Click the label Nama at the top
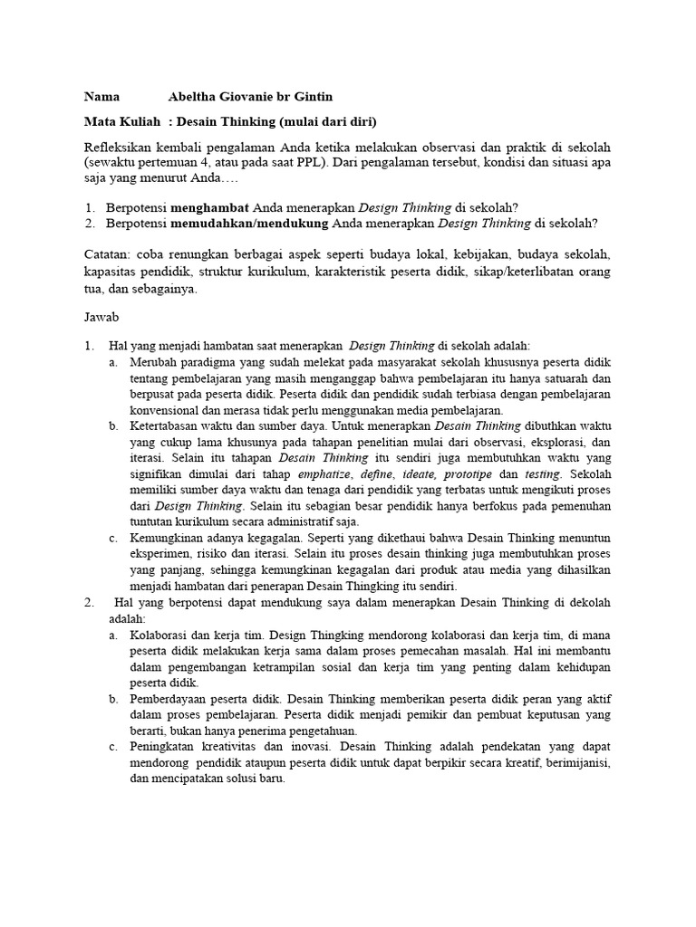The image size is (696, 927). tap(102, 97)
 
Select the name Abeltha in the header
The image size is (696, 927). tap(196, 97)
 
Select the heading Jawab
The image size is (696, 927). tap(101, 320)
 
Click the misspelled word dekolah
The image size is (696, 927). tap(583, 602)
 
